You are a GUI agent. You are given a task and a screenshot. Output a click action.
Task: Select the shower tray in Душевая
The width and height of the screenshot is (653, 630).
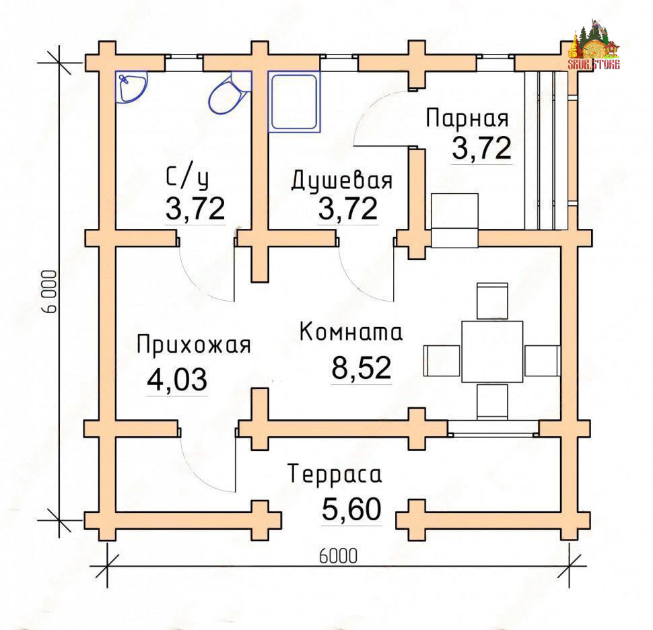point(294,101)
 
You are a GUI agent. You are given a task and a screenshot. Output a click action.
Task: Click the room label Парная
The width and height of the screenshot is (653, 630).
point(467,118)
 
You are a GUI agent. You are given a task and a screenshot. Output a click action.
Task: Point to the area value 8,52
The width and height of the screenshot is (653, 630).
point(361,367)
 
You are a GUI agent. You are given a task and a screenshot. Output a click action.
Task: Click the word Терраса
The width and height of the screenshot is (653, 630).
point(335,475)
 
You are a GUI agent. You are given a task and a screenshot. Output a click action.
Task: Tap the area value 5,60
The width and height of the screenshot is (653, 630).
point(351,510)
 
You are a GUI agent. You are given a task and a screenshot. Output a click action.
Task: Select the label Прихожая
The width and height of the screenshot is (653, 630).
point(194,345)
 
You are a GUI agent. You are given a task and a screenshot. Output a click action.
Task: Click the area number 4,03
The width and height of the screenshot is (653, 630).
point(177,380)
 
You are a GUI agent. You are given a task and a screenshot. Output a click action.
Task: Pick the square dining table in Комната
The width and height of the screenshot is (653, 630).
point(492,351)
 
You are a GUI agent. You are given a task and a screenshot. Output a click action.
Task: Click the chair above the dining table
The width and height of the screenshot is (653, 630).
point(492,301)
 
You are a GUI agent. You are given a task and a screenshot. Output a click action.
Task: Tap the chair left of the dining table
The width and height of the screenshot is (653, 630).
point(442,361)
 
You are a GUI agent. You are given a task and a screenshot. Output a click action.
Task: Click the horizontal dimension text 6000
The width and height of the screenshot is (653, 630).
point(338,556)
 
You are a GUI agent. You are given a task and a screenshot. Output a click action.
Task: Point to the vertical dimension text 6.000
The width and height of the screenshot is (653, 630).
point(49,291)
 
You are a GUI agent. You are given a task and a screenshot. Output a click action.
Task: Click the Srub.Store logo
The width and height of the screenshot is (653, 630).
point(594,45)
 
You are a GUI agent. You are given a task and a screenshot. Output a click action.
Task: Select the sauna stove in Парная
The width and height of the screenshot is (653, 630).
point(455,220)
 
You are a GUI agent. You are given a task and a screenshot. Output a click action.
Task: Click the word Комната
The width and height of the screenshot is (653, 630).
point(351,332)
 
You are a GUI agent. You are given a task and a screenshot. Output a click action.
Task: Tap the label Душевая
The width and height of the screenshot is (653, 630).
point(341,180)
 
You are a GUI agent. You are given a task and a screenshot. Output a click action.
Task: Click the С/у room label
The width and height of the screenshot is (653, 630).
point(187,178)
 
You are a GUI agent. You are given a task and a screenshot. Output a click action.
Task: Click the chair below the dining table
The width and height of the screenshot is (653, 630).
point(492,402)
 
